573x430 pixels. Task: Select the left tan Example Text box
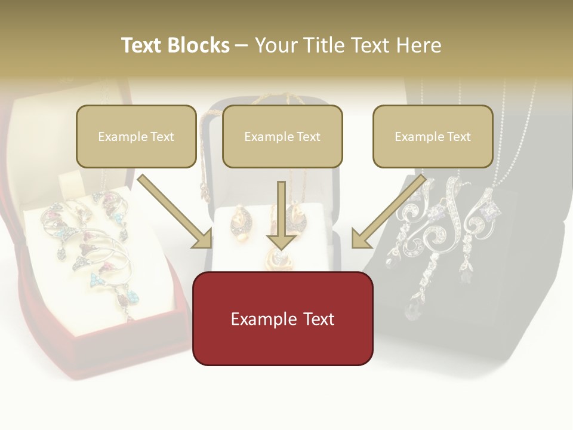136,136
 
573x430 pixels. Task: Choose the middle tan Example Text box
282,136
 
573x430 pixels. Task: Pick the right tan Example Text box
433,136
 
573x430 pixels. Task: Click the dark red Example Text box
282,318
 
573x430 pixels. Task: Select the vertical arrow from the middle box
281,215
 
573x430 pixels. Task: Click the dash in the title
242,45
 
